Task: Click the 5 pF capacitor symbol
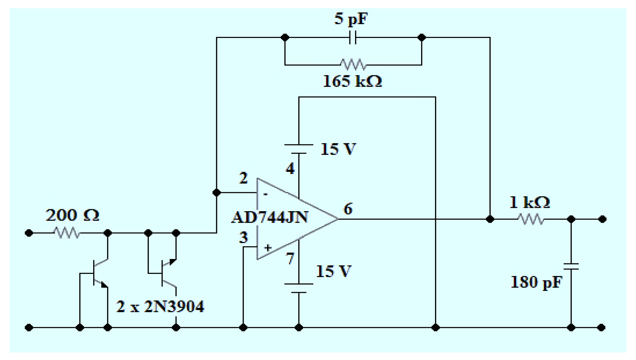point(353,37)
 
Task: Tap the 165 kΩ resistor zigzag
point(353,64)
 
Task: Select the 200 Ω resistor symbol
point(67,233)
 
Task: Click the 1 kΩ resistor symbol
point(531,219)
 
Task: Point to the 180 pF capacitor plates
point(571,266)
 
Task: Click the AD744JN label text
point(269,217)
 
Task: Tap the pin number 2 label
point(243,178)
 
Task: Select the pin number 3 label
point(243,238)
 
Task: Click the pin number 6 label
point(348,208)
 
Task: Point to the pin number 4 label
point(290,168)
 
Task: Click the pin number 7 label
point(290,259)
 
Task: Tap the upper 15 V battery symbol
point(299,149)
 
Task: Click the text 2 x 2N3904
point(160,307)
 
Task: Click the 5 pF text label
point(351,19)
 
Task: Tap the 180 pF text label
point(536,282)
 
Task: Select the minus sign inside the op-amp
point(266,194)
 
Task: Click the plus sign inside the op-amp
point(268,248)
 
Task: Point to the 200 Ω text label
point(72,215)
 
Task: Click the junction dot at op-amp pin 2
point(217,193)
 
